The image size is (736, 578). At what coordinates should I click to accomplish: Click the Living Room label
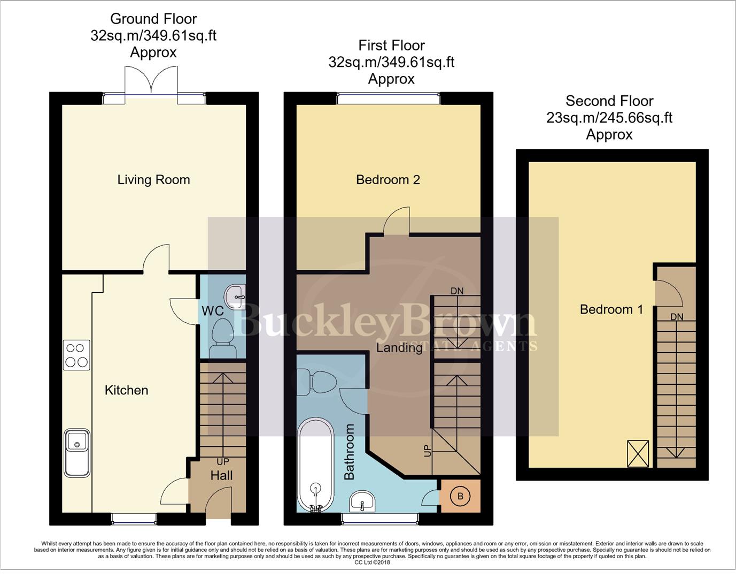[x=153, y=180]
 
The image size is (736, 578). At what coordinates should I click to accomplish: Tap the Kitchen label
[x=126, y=390]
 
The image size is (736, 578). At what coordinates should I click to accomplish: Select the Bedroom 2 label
[x=388, y=180]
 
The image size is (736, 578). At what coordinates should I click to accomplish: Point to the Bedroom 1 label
[x=611, y=309]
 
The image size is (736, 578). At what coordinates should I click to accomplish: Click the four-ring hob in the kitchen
[x=76, y=355]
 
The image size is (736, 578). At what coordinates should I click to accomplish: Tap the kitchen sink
[x=77, y=452]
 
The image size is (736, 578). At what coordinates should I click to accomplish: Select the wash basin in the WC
[x=236, y=296]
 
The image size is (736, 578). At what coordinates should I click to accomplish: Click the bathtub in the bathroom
[x=315, y=465]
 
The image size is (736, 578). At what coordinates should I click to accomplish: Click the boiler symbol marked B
[x=460, y=496]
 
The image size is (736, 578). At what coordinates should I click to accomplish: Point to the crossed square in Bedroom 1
[x=638, y=453]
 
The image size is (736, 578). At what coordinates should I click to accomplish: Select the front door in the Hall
[x=219, y=505]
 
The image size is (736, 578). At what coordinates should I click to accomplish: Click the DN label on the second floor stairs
[x=677, y=317]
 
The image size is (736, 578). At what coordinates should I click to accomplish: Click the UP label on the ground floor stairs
[x=222, y=461]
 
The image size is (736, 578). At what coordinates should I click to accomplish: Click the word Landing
[x=399, y=348]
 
